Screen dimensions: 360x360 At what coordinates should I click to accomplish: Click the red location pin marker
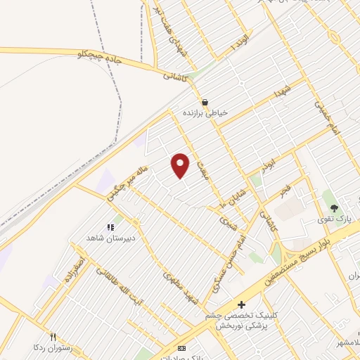181,165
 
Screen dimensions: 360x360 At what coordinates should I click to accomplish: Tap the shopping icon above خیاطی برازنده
205,102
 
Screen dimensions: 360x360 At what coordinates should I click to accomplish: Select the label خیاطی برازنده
208,112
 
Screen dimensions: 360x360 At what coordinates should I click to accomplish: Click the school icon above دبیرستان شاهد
110,227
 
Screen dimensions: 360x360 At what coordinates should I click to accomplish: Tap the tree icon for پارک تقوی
335,208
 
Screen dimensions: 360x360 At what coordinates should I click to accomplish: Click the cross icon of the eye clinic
241,305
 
